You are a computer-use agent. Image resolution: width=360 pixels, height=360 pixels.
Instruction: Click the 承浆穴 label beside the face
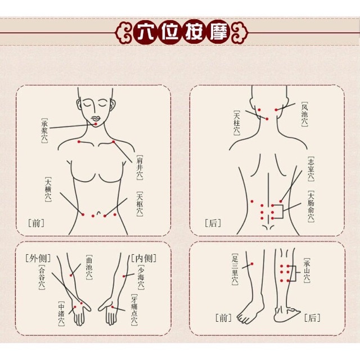[x=44, y=130]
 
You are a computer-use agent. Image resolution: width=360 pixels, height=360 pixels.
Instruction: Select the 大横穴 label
[x=48, y=190]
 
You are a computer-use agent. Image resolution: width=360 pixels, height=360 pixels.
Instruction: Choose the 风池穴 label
[x=304, y=114]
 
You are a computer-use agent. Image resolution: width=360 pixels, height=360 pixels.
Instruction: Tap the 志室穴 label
[x=311, y=169]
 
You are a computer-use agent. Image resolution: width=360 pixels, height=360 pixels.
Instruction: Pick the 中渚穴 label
[x=61, y=313]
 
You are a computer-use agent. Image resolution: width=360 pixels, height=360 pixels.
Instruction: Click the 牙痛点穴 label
[x=134, y=310]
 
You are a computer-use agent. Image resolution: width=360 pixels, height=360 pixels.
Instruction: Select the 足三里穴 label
[x=235, y=269]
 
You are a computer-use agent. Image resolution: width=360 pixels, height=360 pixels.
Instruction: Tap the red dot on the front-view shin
[x=253, y=264]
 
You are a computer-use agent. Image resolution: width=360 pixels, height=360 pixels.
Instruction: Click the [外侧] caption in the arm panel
[x=38, y=258]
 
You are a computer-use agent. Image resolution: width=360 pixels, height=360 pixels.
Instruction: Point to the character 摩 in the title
[x=218, y=31]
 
